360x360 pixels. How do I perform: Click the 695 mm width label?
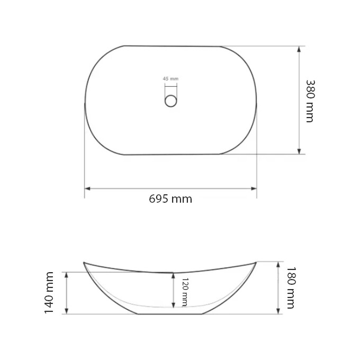170,199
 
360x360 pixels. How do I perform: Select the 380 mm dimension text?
310,101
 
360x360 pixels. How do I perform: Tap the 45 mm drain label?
170,78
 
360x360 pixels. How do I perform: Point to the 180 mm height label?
291,287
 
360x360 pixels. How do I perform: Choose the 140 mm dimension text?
49,293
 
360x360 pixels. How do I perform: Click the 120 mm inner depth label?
185,292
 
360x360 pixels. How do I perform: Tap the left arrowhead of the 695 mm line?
87,188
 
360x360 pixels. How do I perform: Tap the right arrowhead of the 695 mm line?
254,188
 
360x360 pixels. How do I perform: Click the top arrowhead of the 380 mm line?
299,49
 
